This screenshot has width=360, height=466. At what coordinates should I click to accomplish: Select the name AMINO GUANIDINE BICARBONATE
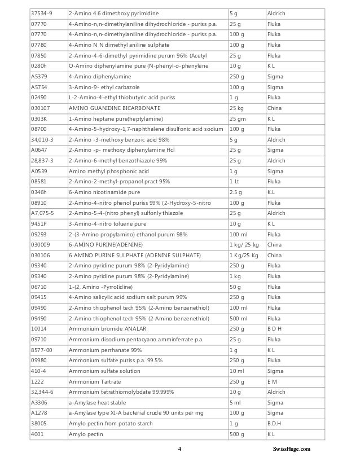coord(114,108)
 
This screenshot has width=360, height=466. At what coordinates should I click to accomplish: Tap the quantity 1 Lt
coord(235,182)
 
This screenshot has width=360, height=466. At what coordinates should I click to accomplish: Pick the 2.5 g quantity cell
coord(236,192)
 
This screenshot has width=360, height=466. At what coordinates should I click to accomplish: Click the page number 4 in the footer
coord(179,449)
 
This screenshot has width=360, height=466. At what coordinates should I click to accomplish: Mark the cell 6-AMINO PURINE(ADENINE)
coord(106,245)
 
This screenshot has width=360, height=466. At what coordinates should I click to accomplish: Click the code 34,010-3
coord(41,139)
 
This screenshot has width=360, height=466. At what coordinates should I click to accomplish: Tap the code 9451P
coord(39,224)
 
